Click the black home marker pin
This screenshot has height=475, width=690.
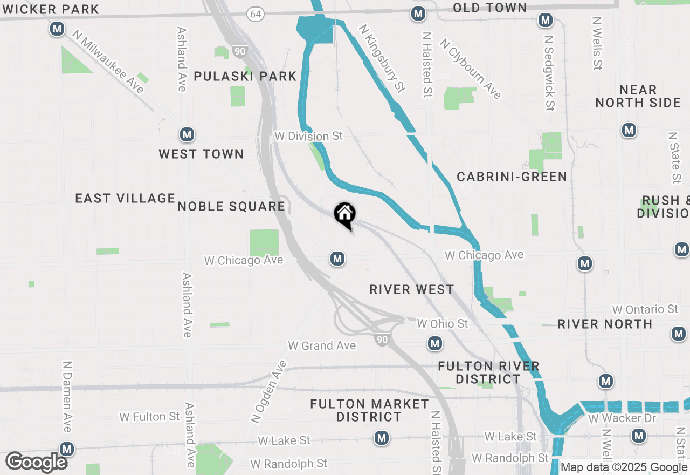pos(344,215)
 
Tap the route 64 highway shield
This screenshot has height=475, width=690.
pos(255,15)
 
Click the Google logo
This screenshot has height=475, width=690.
pos(36,463)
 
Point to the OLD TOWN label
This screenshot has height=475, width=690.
pos(489,8)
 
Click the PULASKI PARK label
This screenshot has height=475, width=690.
pos(245,76)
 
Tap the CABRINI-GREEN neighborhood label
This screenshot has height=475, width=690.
pos(512,177)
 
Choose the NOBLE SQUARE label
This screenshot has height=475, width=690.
pos(231,206)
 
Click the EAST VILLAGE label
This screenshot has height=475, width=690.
pos(125,198)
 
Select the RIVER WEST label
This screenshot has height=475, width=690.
pos(412,289)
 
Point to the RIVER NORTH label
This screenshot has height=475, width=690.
pos(605,324)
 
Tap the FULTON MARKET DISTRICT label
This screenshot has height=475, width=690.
pos(369,410)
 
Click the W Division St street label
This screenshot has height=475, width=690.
pos(308,136)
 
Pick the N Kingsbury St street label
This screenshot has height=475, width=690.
pos(382,58)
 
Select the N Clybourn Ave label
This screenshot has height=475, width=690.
pos(471,68)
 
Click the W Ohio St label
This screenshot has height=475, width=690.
pos(443,324)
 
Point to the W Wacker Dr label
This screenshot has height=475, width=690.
pos(615,418)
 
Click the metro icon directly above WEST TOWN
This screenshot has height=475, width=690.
pos(187,134)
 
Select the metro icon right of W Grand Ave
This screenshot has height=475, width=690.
pos(435,343)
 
